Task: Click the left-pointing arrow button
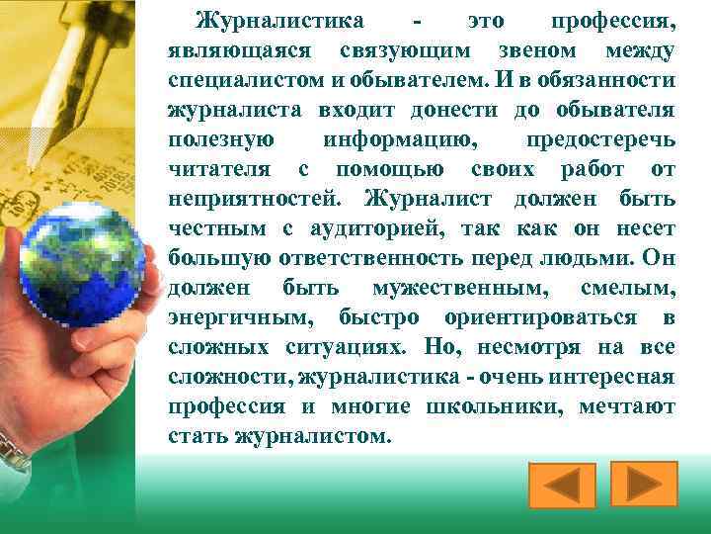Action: (562, 486)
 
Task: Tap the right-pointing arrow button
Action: (643, 484)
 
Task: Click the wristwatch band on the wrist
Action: (12, 450)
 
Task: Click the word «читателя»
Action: (214, 169)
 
